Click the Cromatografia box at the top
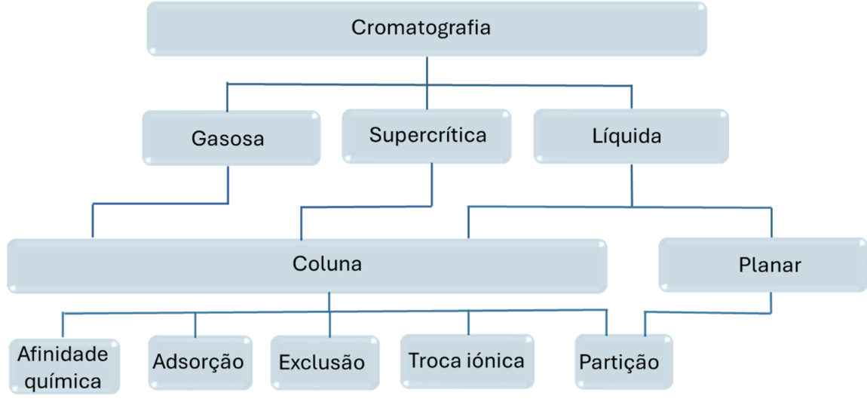click(x=426, y=29)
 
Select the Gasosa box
click(x=231, y=138)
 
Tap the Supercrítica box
click(x=427, y=136)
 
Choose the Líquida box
click(x=631, y=137)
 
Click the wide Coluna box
click(x=307, y=265)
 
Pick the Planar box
click(x=762, y=265)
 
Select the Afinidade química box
click(x=63, y=367)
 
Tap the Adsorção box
click(x=199, y=362)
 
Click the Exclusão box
click(x=323, y=363)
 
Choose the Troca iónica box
click(x=467, y=360)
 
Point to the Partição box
click(x=620, y=363)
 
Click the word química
click(x=63, y=381)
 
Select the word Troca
click(x=432, y=360)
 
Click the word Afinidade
click(x=63, y=353)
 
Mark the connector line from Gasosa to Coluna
click(x=160, y=203)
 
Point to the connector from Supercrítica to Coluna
click(x=366, y=206)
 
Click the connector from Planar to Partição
click(x=707, y=311)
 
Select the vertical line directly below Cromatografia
click(x=427, y=69)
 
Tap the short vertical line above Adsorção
click(x=195, y=324)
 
